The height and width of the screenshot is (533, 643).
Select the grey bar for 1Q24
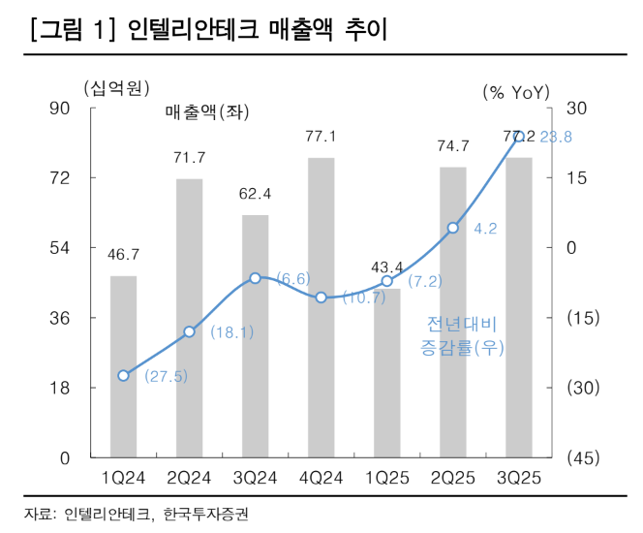pyautogui.click(x=123, y=366)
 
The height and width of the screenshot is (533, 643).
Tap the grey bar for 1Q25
pyautogui.click(x=387, y=372)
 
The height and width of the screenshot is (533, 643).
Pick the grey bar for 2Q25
pyautogui.click(x=453, y=311)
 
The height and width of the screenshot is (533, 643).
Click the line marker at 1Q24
pyautogui.click(x=123, y=375)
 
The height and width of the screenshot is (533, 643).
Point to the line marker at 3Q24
pyautogui.click(x=255, y=278)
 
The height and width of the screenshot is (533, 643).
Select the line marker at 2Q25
pyautogui.click(x=453, y=228)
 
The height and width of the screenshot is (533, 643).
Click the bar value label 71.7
pyautogui.click(x=190, y=158)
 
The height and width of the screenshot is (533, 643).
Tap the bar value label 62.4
pyautogui.click(x=256, y=194)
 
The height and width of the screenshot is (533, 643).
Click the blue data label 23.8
pyautogui.click(x=555, y=138)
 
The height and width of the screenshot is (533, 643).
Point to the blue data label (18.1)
pyautogui.click(x=231, y=332)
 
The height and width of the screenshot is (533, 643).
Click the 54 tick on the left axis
pyautogui.click(x=58, y=247)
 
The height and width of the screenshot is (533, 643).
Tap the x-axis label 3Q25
pyautogui.click(x=519, y=477)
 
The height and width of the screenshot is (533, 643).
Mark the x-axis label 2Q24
pyautogui.click(x=190, y=477)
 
